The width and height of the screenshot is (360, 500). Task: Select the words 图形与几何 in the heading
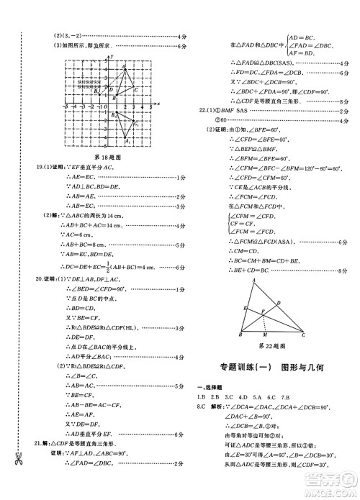point(297,369)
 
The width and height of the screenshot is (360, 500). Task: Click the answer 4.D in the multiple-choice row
point(243,396)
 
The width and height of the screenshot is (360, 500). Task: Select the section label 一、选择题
point(209,386)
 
